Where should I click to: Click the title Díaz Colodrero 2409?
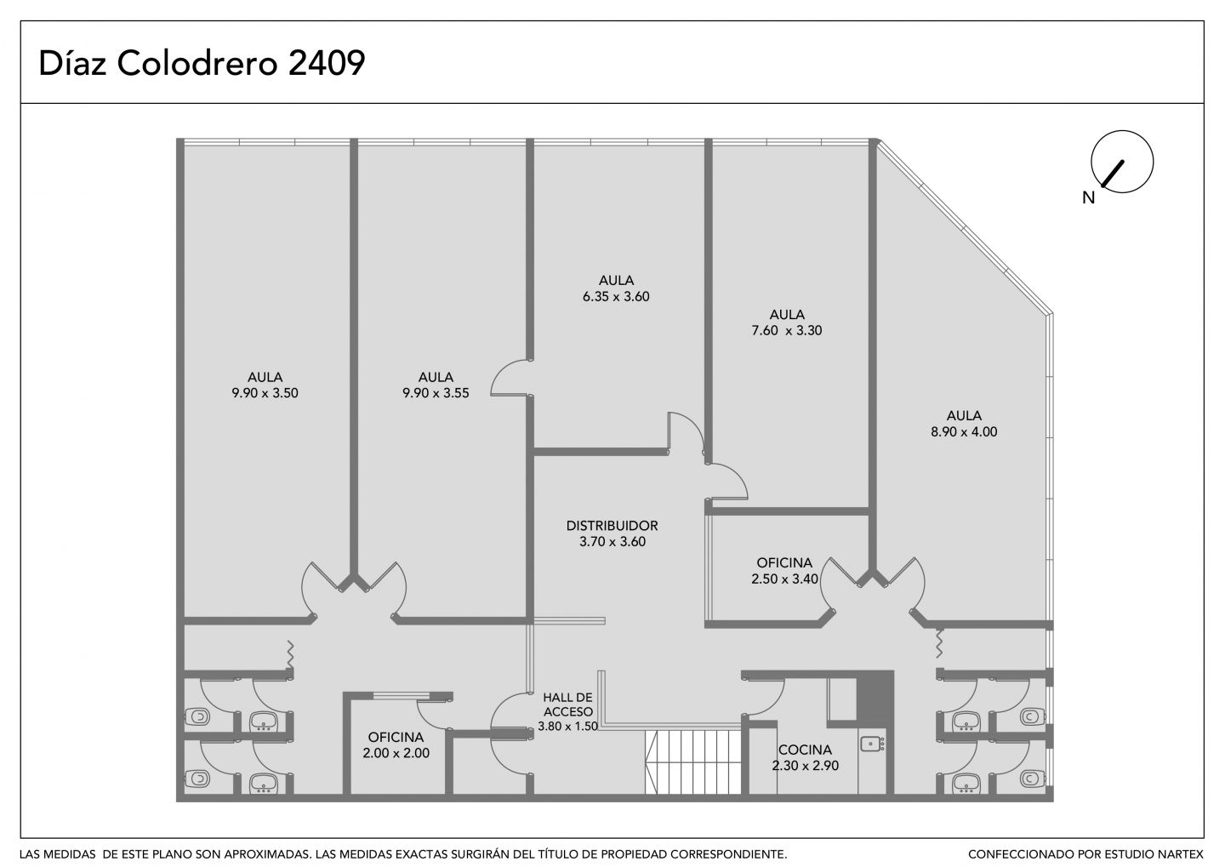coord(202,64)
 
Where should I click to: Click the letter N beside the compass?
coord(1088,197)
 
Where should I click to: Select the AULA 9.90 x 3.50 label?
coord(265,385)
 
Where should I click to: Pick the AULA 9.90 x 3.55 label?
coord(436,385)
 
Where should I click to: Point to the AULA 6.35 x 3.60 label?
coord(616,288)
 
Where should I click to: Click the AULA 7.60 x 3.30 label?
coord(786,322)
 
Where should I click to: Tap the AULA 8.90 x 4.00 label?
coord(964,424)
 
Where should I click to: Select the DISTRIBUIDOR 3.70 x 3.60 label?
coord(612,533)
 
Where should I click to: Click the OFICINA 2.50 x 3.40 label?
coord(784,571)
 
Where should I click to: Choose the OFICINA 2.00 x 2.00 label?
coord(396,745)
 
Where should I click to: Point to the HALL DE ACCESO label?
coord(567,704)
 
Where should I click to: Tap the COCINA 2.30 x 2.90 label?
coord(805,757)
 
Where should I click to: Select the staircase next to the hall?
coord(692,761)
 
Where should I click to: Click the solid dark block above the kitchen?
coord(875,699)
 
